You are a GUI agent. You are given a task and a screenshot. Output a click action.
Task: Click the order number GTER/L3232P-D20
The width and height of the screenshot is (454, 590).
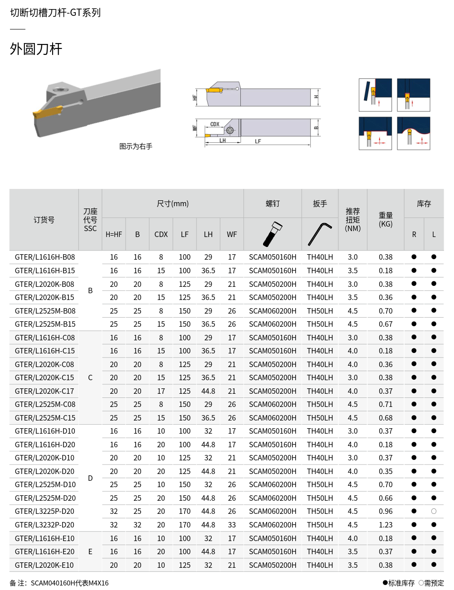click(44, 525)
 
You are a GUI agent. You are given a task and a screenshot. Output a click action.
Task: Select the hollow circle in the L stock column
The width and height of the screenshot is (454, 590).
click(434, 511)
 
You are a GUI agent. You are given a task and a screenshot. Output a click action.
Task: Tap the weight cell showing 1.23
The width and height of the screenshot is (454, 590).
click(386, 525)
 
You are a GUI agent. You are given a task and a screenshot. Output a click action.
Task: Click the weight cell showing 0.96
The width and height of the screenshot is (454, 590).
click(386, 511)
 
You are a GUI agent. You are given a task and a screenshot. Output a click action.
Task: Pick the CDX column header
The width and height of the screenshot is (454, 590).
click(161, 234)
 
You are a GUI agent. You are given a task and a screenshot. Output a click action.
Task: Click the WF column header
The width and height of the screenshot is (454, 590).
click(232, 234)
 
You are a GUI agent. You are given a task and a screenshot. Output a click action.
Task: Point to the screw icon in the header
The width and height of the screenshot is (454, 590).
click(273, 234)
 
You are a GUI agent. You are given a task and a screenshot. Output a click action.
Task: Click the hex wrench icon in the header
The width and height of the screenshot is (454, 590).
click(320, 234)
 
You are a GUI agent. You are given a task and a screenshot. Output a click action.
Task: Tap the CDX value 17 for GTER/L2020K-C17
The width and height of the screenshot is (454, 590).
click(161, 391)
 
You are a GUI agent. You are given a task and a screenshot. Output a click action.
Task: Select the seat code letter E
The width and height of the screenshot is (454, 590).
click(90, 551)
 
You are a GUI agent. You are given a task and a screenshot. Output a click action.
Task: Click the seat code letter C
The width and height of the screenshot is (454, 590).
click(90, 377)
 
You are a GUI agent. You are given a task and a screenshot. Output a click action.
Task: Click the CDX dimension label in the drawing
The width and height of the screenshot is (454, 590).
click(215, 124)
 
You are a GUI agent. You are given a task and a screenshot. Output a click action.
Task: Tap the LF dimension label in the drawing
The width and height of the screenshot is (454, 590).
click(258, 141)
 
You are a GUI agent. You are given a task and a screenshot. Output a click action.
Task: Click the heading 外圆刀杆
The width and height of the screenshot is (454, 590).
click(36, 49)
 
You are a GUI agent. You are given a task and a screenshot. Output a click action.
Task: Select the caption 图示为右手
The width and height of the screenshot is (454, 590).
click(136, 146)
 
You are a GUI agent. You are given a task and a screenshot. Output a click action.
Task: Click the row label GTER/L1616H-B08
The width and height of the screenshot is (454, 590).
click(44, 257)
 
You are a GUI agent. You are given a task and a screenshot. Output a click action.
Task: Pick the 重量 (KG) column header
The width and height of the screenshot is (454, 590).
click(386, 220)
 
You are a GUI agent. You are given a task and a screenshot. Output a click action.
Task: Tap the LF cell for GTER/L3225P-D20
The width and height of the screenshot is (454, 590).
click(185, 511)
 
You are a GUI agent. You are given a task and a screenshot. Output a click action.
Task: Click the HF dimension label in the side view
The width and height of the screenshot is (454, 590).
click(195, 97)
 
